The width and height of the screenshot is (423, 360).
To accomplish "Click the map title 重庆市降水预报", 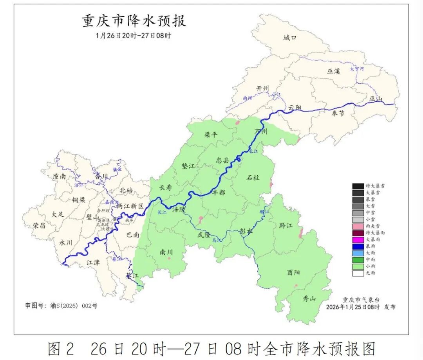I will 134,21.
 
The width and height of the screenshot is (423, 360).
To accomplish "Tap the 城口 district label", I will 290,38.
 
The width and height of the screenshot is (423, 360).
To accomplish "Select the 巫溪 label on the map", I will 334,71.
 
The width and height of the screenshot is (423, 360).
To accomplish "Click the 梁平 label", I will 211,135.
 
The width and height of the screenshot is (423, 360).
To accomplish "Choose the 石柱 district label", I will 253,178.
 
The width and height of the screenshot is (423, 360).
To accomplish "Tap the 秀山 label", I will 309,299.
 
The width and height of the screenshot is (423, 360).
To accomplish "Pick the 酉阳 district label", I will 293,272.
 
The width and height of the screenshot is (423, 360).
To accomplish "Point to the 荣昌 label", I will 39,225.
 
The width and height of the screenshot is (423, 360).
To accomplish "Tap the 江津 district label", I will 93,262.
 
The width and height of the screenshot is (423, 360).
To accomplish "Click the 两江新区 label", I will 130,206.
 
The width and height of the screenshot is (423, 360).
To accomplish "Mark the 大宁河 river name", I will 357,68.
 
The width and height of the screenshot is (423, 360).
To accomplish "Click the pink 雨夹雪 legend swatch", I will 358,226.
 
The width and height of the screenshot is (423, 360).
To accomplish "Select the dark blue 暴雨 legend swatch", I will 358,246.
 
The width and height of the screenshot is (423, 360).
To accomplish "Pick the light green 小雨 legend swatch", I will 358,266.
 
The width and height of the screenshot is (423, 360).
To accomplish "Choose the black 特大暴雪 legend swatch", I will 358,186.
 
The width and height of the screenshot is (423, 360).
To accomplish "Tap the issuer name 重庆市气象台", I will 361,300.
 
